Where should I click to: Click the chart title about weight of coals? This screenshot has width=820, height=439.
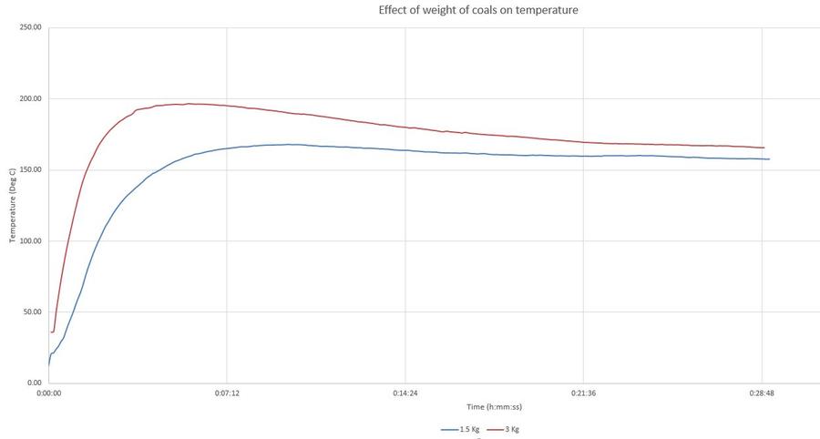point(477,10)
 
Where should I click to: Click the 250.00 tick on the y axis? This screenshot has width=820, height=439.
point(30,27)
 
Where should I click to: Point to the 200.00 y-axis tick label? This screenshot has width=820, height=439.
point(30,98)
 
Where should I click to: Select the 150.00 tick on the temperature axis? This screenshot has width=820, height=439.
point(30,169)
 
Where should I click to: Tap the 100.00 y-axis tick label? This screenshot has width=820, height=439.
point(30,241)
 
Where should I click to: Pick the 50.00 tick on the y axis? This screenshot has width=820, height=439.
point(32,312)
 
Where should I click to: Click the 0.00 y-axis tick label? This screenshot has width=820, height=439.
point(34,383)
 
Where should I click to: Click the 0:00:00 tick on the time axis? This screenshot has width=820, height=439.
point(48,394)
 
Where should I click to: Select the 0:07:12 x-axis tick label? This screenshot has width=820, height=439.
point(227,394)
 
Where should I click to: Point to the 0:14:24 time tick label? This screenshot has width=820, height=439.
point(405,394)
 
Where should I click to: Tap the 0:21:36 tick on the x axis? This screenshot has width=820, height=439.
point(583,394)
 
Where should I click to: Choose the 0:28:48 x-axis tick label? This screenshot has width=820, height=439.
point(762,394)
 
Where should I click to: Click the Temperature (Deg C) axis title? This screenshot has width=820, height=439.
point(13,204)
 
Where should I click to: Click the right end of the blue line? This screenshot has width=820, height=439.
point(769,159)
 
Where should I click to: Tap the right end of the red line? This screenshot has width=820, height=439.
point(764,148)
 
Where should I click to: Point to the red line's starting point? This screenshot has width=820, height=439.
point(51,332)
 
